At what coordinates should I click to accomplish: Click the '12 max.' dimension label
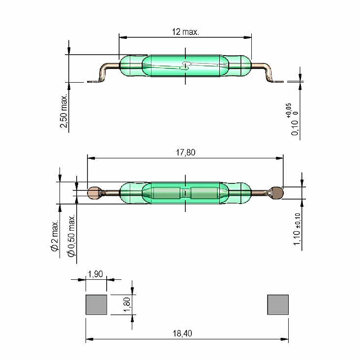[x=185, y=31]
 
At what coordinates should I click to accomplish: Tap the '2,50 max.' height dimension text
[x=64, y=111]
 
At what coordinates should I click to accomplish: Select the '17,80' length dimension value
[x=185, y=152]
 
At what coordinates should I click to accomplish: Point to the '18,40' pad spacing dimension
[x=182, y=333]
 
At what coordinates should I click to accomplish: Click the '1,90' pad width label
[x=95, y=274]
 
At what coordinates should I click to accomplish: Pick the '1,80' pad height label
[x=127, y=304]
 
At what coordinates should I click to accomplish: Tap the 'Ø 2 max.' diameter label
[x=55, y=236]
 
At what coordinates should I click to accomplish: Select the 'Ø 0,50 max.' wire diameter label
[x=71, y=236]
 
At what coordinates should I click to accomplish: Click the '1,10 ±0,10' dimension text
[x=297, y=229]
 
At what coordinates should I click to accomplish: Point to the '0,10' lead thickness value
[x=295, y=128]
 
